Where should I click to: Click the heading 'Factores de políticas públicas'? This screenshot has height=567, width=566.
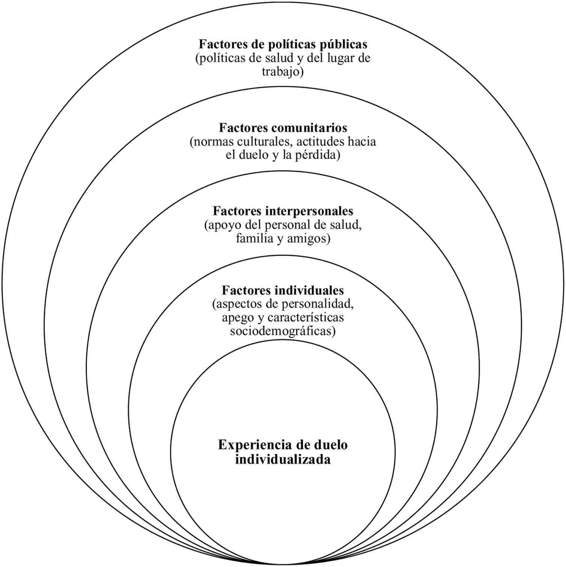[283, 44]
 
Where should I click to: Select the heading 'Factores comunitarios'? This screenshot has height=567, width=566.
[283, 128]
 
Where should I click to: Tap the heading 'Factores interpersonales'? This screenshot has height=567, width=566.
[283, 211]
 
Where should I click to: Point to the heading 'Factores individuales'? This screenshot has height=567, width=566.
[283, 291]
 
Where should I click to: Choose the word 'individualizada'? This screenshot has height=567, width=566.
[283, 459]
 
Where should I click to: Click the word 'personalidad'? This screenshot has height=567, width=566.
[321, 304]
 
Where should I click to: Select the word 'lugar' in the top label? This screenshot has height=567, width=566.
[336, 59]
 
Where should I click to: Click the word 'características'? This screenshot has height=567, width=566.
[306, 318]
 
